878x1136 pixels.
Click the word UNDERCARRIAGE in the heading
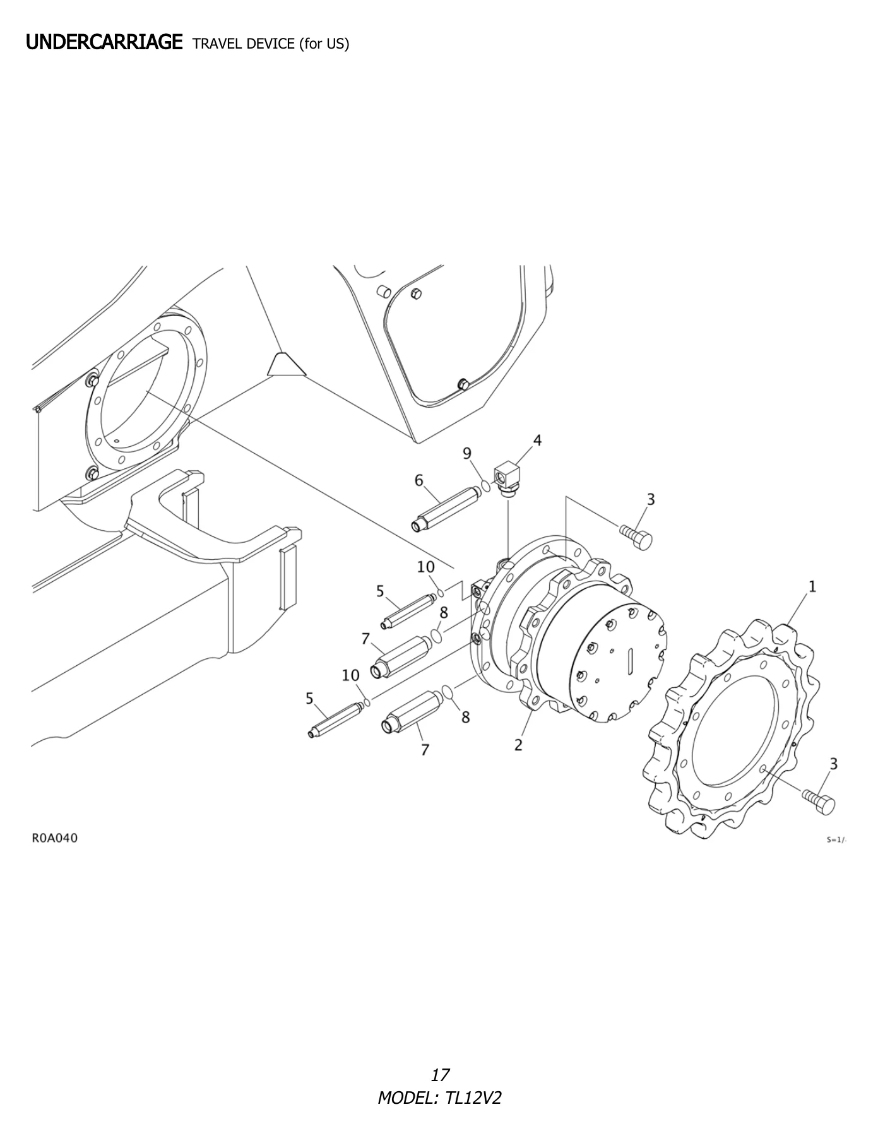coord(104,43)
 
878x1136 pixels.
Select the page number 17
coord(440,1074)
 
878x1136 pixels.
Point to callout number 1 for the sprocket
coord(812,586)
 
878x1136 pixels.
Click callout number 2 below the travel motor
coord(518,745)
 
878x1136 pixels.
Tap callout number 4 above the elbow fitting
coord(537,441)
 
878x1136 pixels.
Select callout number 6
coord(418,480)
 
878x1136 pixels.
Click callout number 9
coord(467,453)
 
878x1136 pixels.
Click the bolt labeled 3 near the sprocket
coord(819,801)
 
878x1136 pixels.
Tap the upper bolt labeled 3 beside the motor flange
coord(636,537)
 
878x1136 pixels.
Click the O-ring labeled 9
coord(485,485)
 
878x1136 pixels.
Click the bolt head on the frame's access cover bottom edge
coord(463,384)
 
